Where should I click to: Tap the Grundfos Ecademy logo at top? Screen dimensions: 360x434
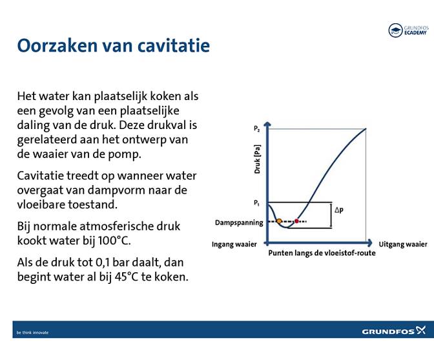408,30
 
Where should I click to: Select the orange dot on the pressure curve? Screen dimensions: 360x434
279,221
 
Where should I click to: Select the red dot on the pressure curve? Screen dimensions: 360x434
296,221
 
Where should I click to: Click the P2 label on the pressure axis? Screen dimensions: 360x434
256,129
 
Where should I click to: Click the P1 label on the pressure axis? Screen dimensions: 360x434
256,203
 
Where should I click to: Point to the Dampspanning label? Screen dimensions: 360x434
239,223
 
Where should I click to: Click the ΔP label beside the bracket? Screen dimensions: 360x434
339,210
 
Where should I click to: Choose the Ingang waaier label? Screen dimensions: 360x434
234,245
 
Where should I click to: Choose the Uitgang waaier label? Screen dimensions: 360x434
403,245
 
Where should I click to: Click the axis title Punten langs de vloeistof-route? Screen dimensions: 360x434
322,253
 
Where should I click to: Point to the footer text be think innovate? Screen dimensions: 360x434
32,332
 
